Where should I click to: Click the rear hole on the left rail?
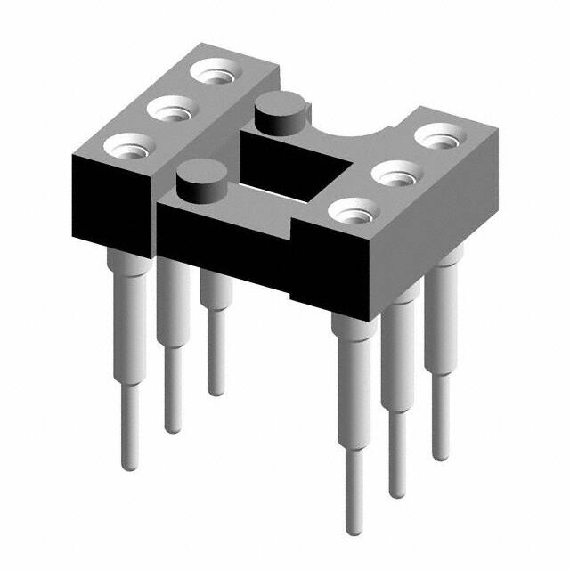[x=217, y=72]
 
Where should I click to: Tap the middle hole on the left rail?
[x=171, y=111]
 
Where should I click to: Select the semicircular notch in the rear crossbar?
[x=365, y=134]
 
